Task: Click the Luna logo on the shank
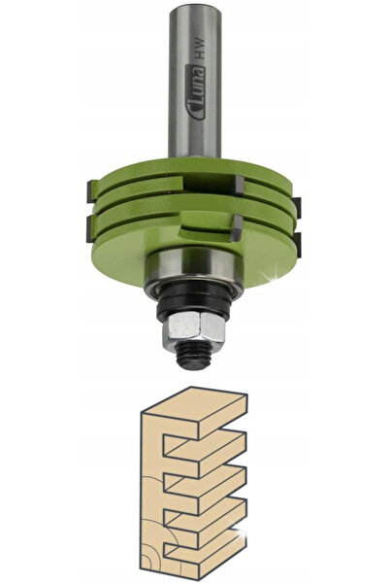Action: tap(195, 91)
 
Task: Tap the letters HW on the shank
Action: tap(200, 49)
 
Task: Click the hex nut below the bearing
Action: tap(194, 327)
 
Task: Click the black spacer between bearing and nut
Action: tap(194, 300)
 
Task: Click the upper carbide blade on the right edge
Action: tap(297, 207)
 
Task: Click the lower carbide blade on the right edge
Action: tap(297, 245)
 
